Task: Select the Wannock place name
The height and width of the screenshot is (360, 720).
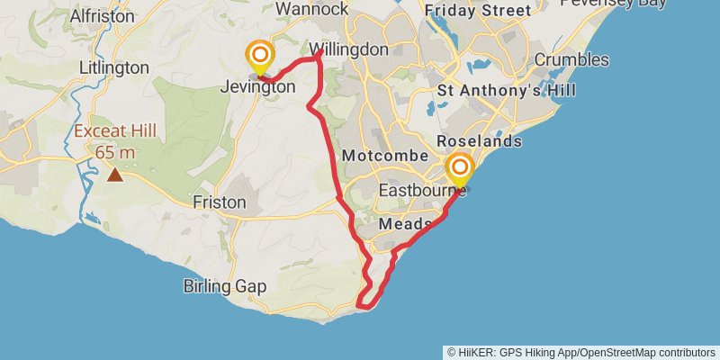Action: (x=311, y=9)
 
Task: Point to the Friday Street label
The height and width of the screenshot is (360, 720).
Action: (x=477, y=11)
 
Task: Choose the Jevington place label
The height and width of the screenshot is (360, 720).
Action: (x=258, y=87)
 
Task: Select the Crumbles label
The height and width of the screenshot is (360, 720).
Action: (x=571, y=60)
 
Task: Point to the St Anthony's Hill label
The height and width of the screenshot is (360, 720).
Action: (x=506, y=91)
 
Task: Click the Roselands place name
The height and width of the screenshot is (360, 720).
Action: (x=479, y=142)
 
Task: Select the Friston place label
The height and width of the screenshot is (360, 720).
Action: (x=220, y=202)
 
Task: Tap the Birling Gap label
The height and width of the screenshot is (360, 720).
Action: (x=225, y=286)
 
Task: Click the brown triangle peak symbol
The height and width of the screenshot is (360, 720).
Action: (x=115, y=174)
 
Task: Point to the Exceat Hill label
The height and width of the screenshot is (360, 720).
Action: (x=115, y=131)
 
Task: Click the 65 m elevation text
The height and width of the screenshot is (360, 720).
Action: (x=115, y=152)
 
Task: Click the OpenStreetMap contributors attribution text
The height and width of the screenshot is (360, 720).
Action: (x=646, y=352)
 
